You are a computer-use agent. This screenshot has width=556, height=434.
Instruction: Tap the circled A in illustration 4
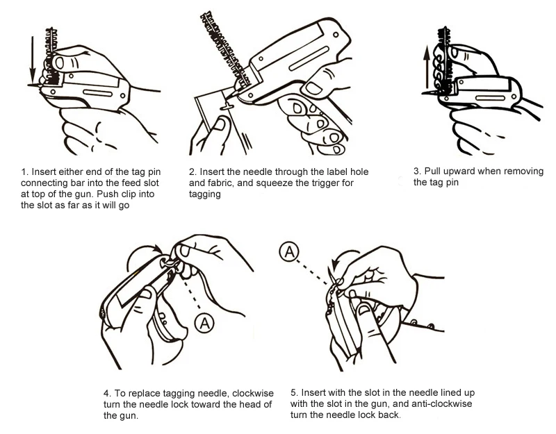(204, 321)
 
